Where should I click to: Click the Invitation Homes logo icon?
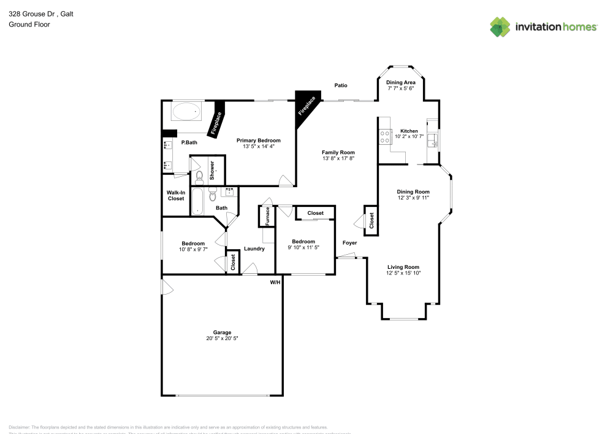coord(500,26)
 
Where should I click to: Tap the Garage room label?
coord(222,332)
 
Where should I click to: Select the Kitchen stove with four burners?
coord(385,136)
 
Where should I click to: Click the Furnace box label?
coord(267,216)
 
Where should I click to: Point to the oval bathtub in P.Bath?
coord(186,112)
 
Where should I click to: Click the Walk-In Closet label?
coord(175,195)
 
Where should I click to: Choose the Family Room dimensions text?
coord(338,158)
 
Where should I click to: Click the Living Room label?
coord(403,266)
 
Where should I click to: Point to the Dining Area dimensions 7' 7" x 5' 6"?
coord(401,88)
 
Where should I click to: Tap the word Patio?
coord(341,85)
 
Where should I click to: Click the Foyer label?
coord(349,243)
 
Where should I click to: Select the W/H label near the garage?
coord(275,282)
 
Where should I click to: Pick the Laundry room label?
coord(254,249)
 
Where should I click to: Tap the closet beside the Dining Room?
coord(371,220)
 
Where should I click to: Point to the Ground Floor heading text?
coord(29,25)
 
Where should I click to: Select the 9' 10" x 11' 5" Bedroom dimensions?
coord(303,247)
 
